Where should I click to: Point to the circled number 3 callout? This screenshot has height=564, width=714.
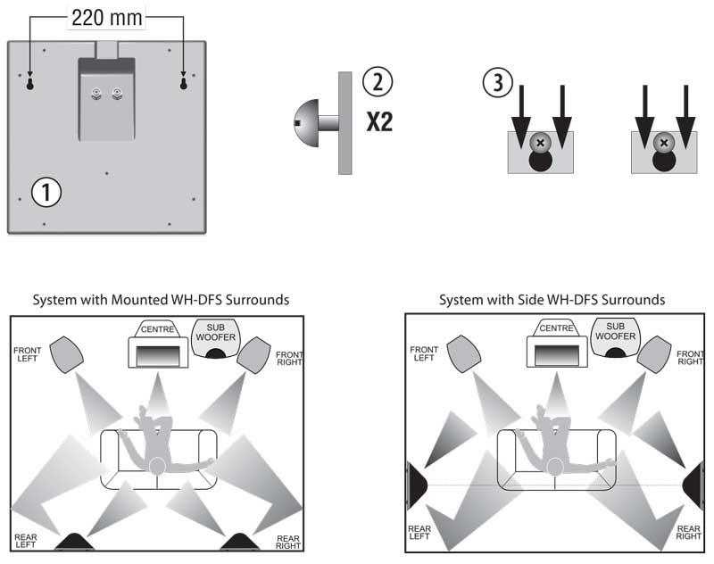tap(497, 85)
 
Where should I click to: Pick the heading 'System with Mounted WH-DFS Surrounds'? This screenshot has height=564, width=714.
tap(161, 300)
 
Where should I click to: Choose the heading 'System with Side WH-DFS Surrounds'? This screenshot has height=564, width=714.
tap(552, 300)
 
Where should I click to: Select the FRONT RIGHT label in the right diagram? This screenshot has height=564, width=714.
tap(689, 359)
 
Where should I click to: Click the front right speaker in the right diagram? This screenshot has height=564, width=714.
tap(654, 354)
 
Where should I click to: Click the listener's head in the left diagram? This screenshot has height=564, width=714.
tap(158, 466)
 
